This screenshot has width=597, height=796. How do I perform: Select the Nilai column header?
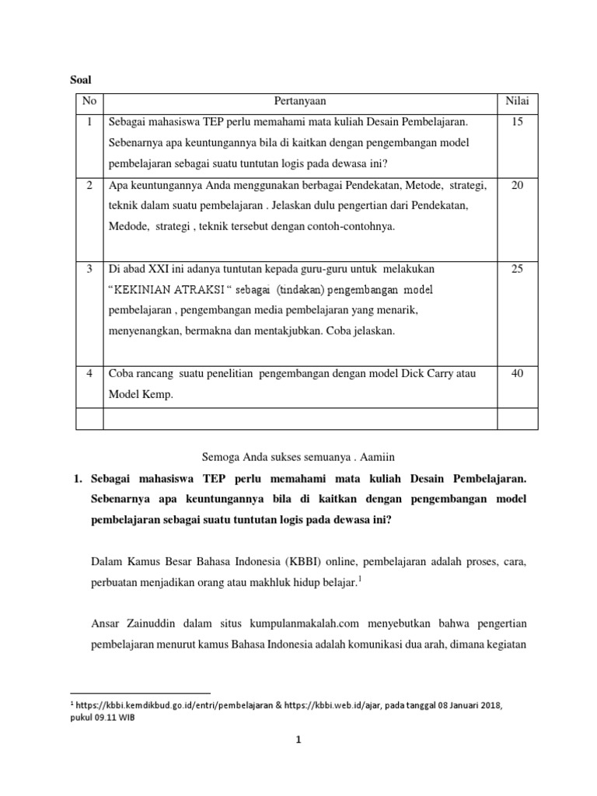[x=517, y=102]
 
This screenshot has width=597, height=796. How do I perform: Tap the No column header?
[x=89, y=102]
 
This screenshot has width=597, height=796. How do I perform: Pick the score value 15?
[x=517, y=123]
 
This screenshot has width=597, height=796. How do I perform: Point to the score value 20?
[x=517, y=187]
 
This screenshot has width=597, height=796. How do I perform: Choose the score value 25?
[x=517, y=268]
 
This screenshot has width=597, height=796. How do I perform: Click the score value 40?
[x=517, y=373]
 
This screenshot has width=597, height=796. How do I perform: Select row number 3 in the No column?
[x=89, y=268]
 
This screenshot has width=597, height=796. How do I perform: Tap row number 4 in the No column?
[x=89, y=373]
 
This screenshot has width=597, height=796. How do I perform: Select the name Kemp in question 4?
[x=156, y=395]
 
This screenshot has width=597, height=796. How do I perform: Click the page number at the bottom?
[x=298, y=741]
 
